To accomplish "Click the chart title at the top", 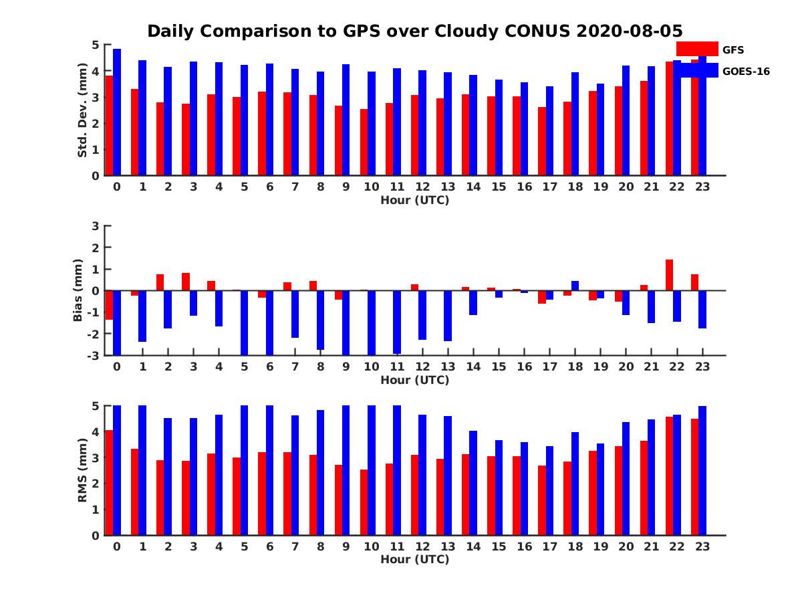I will pos(414,31).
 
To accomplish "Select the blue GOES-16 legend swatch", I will pos(696,70).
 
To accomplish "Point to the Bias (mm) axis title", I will pos(78,290).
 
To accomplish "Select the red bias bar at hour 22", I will pos(669,275).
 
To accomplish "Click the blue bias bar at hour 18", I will pos(575,286).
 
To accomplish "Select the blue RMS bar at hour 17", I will pos(549,490).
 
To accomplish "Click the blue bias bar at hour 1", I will pos(142,316).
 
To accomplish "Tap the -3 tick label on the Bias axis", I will pos(94,355).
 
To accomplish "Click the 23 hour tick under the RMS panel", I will pos(702,546).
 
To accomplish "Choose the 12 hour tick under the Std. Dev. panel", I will pos(422,187).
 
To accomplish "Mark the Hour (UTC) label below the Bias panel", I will pos(414,380).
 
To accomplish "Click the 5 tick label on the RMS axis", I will pos(96,406).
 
